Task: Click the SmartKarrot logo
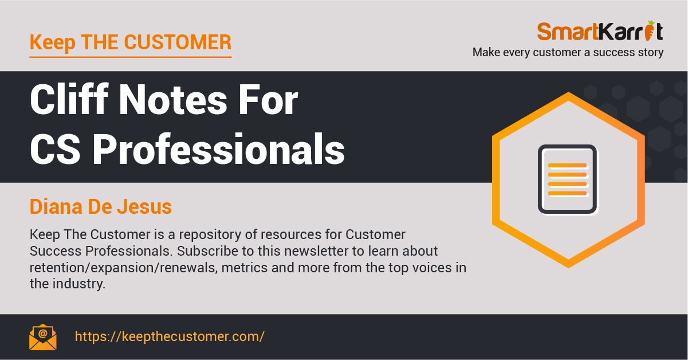pyautogui.click(x=600, y=31)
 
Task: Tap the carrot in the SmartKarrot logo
pyautogui.click(x=649, y=30)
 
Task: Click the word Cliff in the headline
pyautogui.click(x=69, y=99)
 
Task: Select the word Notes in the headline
pyautogui.click(x=173, y=100)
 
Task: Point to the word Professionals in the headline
pyautogui.click(x=218, y=149)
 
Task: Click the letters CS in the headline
pyautogui.click(x=56, y=150)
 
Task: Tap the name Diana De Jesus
pyautogui.click(x=101, y=206)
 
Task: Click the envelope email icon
pyautogui.click(x=43, y=337)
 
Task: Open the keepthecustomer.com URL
pyautogui.click(x=170, y=336)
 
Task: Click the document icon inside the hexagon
pyautogui.click(x=567, y=179)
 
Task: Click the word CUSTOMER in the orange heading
pyautogui.click(x=178, y=42)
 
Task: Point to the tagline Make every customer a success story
pyautogui.click(x=568, y=52)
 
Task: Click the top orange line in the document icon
pyautogui.click(x=567, y=166)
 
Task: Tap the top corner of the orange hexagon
pyautogui.click(x=568, y=92)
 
